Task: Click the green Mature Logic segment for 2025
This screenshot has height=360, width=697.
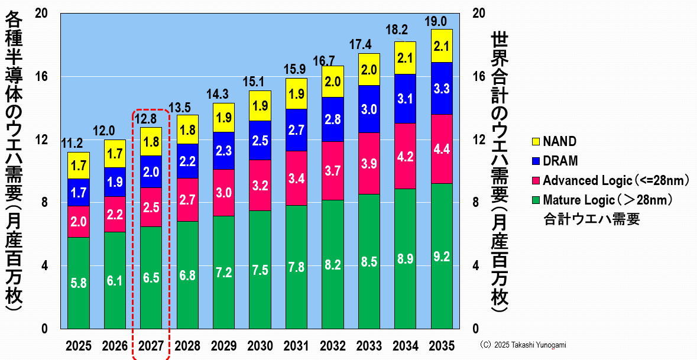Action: [79, 283]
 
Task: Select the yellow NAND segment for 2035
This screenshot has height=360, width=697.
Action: [442, 46]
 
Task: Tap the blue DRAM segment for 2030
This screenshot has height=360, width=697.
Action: [260, 140]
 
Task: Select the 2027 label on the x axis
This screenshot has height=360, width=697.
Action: [151, 345]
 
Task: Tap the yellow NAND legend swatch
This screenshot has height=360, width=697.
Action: [536, 142]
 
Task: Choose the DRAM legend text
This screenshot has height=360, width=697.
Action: [560, 161]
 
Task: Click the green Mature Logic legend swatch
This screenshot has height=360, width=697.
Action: [536, 200]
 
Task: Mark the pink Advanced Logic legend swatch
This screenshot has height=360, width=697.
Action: [536, 180]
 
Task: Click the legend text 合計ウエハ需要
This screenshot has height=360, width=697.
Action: [592, 220]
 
